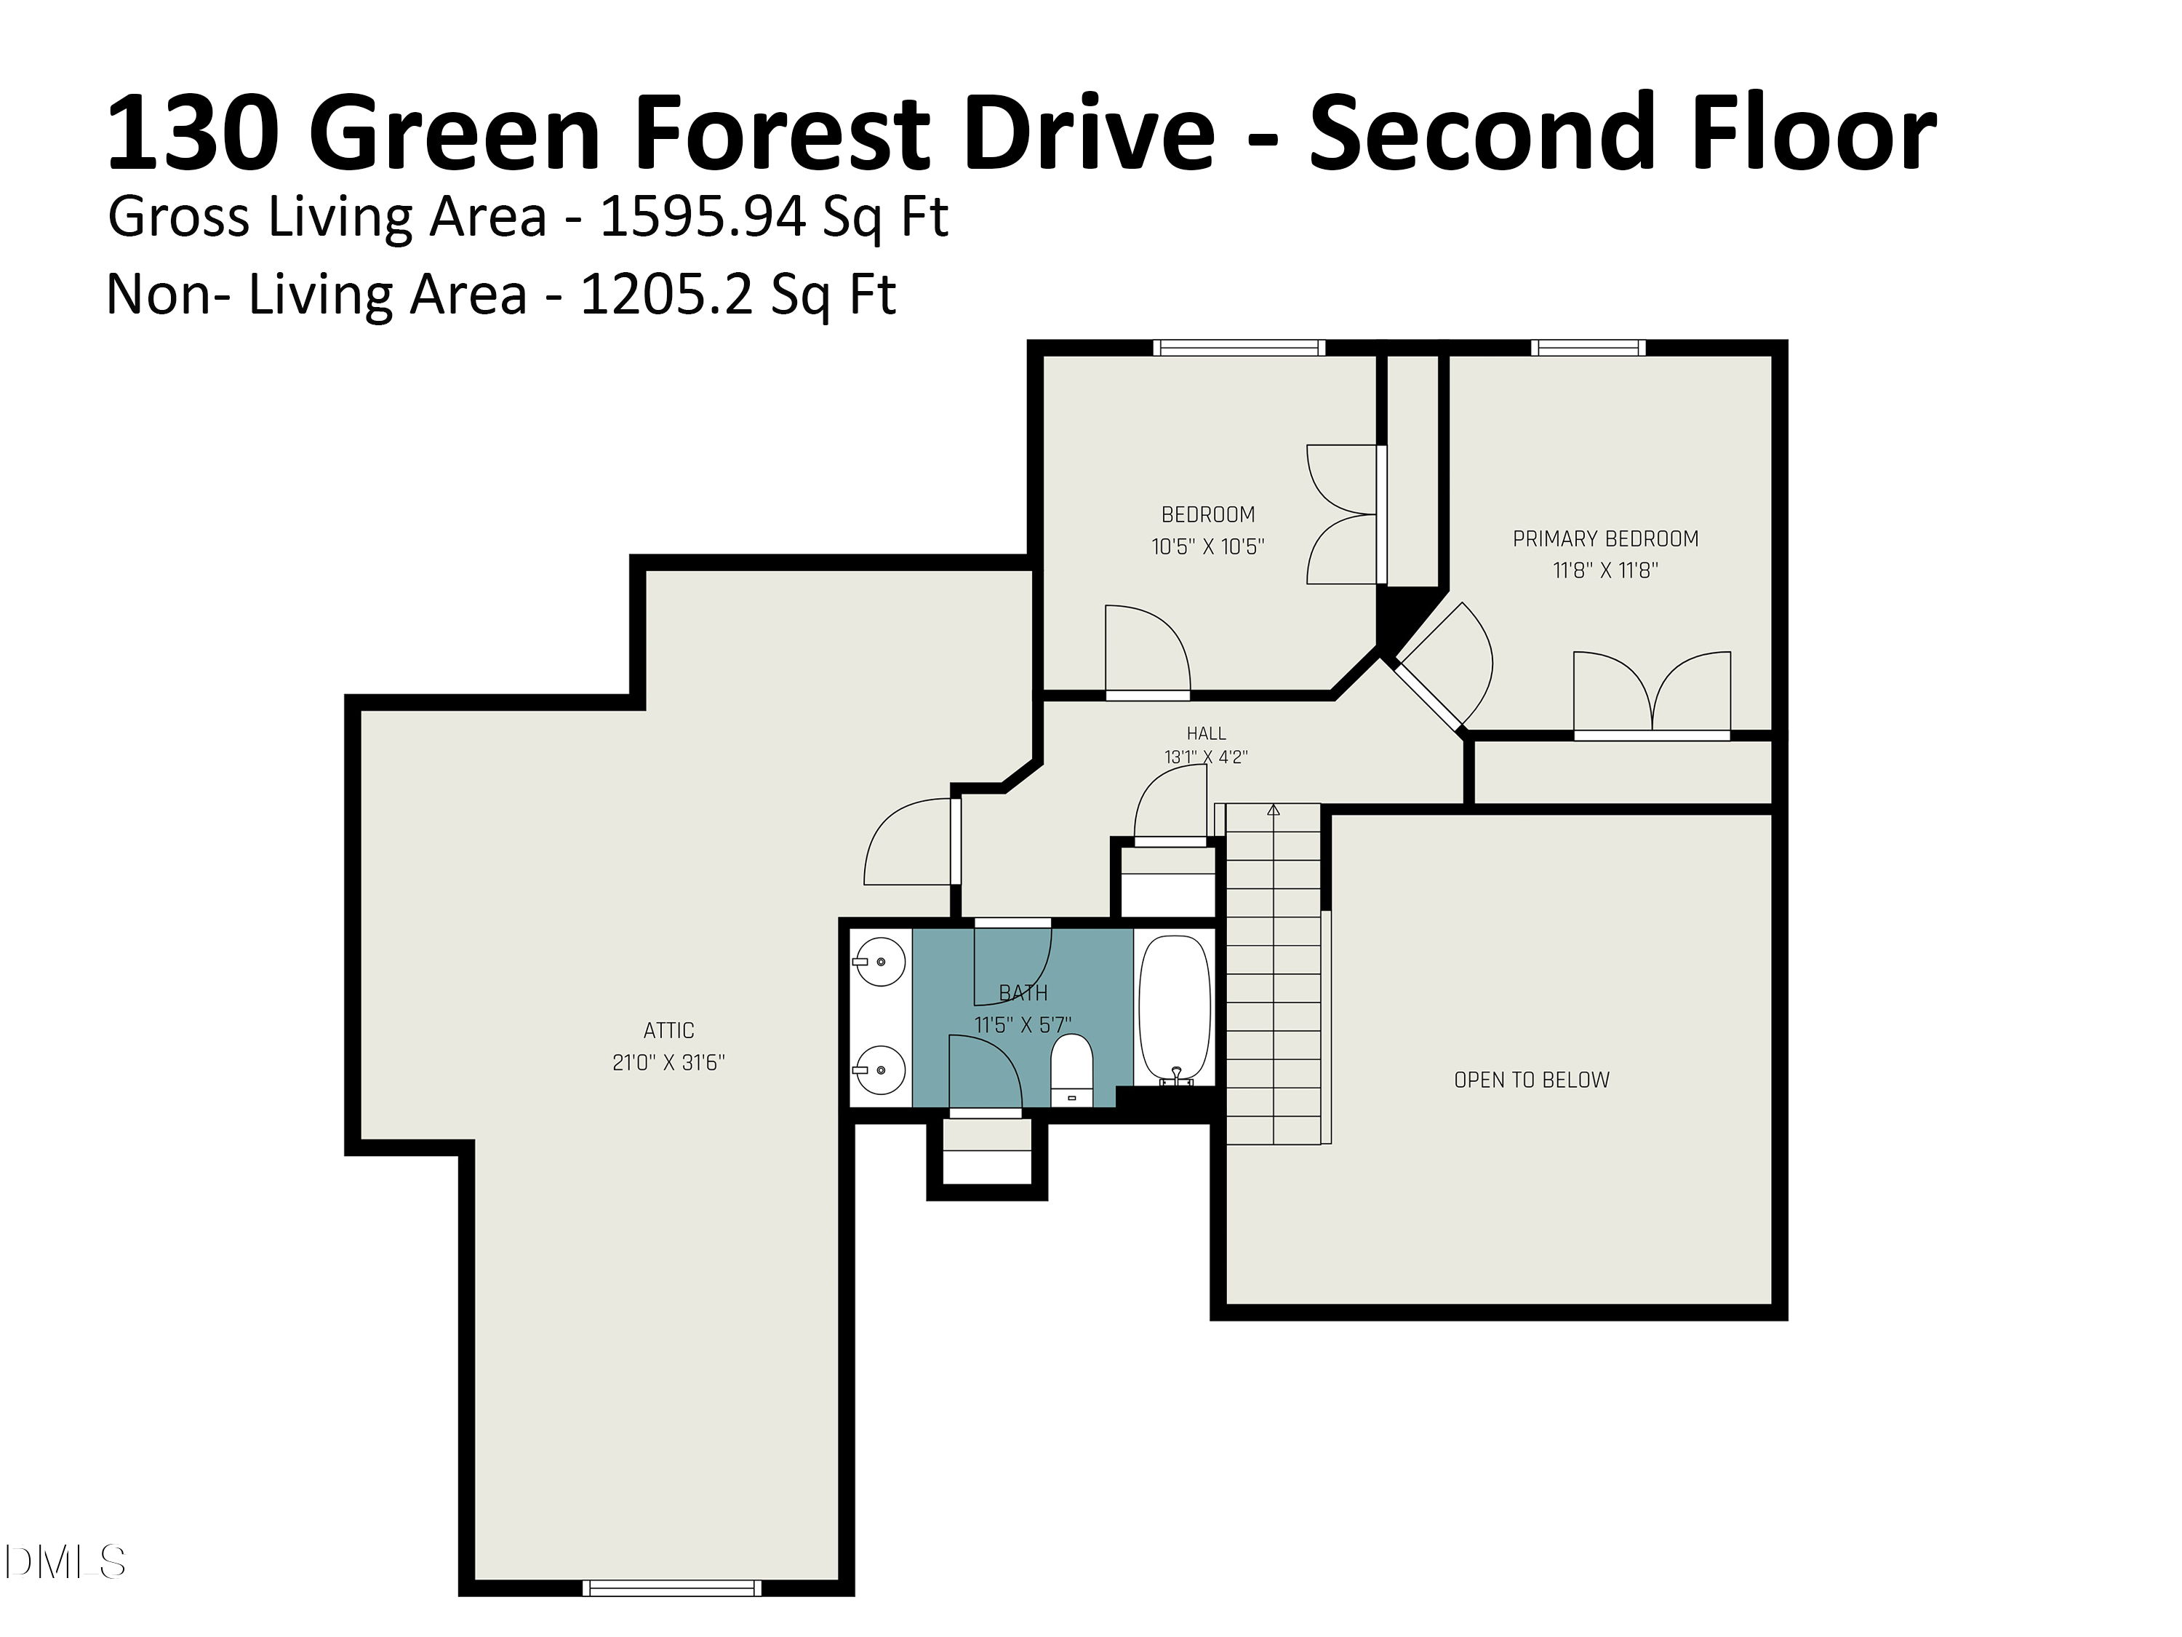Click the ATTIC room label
(x=669, y=1030)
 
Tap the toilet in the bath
(x=1071, y=1070)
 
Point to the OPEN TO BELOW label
(x=1532, y=1080)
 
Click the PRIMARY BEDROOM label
(x=1606, y=539)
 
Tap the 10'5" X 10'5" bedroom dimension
(x=1207, y=546)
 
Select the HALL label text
(x=1207, y=733)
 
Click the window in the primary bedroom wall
(x=1588, y=347)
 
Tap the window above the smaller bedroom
(x=1239, y=347)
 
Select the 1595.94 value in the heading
(x=703, y=216)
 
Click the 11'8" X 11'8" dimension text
(x=1606, y=570)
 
